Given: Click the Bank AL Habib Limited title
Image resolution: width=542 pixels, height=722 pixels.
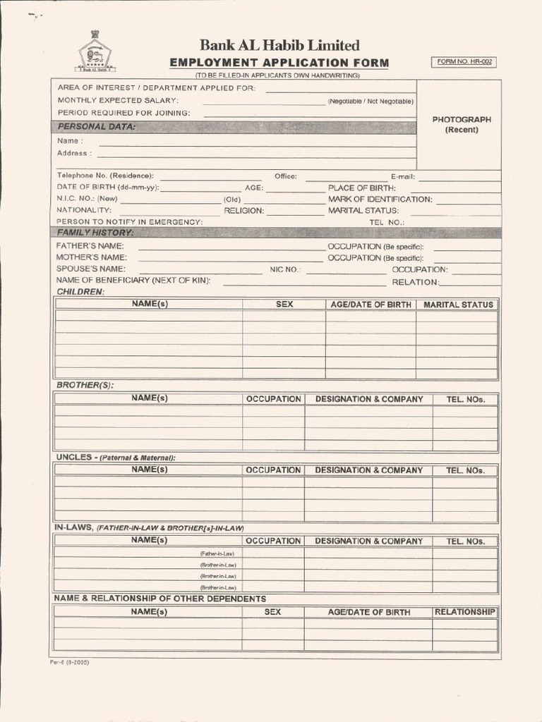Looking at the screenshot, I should (279, 46).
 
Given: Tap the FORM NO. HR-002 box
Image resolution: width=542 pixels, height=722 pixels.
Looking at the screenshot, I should (465, 62).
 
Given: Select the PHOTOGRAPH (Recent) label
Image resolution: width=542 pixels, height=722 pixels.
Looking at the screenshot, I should (462, 125).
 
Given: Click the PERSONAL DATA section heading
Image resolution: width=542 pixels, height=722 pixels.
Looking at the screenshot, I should (96, 127).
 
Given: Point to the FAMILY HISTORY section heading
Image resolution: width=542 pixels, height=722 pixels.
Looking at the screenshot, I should (95, 233).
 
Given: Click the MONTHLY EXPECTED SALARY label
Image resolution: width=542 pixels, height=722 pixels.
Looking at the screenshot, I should (118, 101).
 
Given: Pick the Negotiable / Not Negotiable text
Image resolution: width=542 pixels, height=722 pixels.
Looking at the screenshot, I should (370, 102).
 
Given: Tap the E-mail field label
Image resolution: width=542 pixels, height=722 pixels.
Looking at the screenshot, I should (402, 176).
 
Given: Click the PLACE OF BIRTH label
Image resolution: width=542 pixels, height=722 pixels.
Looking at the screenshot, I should (361, 188).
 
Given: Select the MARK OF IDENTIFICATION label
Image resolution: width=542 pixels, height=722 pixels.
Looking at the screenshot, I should (380, 200).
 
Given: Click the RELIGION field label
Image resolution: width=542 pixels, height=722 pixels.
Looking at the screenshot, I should (243, 211).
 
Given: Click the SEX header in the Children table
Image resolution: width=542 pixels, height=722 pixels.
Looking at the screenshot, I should (284, 305).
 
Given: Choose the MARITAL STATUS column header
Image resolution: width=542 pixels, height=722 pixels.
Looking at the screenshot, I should (458, 305).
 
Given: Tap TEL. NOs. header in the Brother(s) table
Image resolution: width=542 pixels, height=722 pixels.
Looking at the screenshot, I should (465, 399).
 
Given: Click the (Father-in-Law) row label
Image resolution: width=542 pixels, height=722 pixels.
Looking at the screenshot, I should (217, 553).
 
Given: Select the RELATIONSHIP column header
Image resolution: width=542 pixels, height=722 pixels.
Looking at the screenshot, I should (464, 612).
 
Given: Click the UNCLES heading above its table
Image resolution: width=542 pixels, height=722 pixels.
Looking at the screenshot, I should (116, 458).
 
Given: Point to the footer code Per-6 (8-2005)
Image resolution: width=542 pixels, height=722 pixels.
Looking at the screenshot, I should (69, 663).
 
